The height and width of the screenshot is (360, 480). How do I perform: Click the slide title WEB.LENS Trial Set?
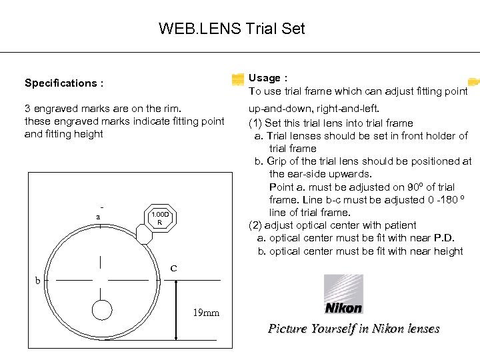click(231, 29)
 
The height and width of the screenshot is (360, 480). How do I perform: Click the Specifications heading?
click(63, 83)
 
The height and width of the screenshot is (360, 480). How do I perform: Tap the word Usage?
click(264, 78)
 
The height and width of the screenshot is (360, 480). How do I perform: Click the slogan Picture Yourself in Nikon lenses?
click(353, 328)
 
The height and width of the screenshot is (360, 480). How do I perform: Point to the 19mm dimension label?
click(205, 312)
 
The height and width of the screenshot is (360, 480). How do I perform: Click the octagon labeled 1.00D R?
click(159, 217)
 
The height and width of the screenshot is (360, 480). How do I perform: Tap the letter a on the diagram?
click(98, 217)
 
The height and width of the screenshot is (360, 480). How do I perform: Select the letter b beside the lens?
click(38, 281)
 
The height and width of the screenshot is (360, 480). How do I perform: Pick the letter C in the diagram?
click(173, 269)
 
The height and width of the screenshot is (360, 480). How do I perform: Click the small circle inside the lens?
click(102, 310)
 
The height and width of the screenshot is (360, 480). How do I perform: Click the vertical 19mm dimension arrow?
click(175, 310)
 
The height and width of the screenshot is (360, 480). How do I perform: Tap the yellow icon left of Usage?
click(238, 79)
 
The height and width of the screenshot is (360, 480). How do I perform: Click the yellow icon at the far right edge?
click(473, 82)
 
